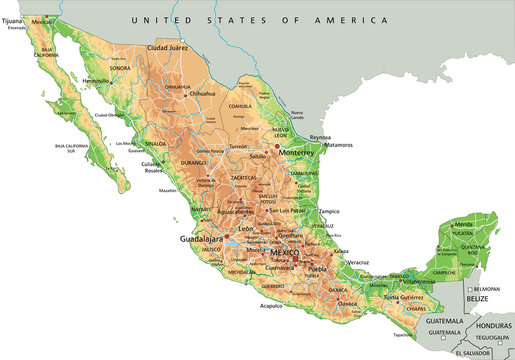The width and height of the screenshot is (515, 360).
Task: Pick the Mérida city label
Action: point(463,226)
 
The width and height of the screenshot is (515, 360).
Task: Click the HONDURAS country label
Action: point(490,324)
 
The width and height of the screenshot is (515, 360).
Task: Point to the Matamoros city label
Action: point(339,145)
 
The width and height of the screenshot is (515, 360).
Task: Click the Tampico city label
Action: point(331,211)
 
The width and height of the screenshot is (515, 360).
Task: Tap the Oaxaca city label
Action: point(347,302)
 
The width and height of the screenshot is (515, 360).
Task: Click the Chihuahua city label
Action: point(201,94)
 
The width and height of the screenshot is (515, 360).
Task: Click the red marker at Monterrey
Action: point(278,148)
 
